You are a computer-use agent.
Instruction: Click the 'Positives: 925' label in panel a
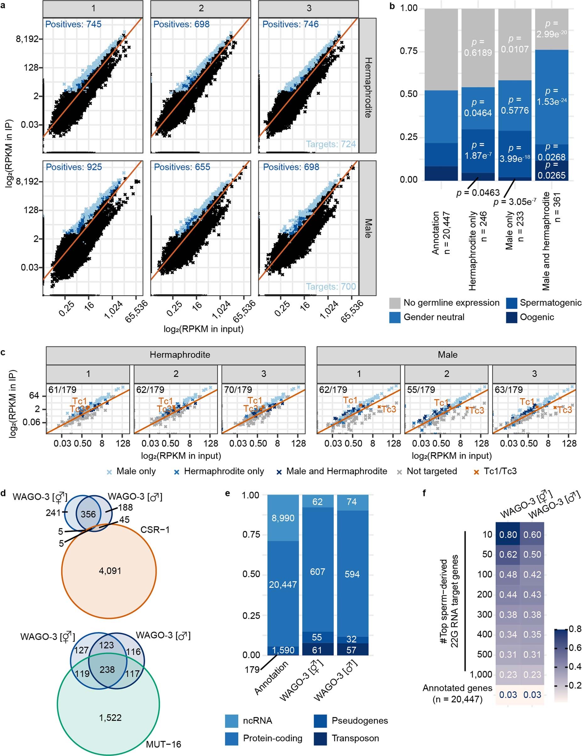point(74,167)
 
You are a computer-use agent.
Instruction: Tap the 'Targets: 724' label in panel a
point(331,144)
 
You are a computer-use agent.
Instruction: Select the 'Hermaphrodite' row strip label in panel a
point(368,88)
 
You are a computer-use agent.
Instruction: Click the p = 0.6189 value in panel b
point(478,47)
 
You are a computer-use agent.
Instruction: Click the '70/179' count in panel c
point(238,389)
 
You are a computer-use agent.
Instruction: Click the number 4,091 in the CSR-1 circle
point(110,571)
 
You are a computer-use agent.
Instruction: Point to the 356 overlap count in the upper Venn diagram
point(88,514)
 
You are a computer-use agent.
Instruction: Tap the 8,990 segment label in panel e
point(283,518)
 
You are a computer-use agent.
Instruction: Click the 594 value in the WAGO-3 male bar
point(352,574)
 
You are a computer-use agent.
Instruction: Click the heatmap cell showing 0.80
point(508,534)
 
